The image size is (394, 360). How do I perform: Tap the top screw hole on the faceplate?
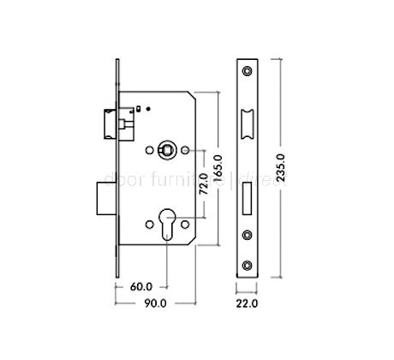coord(248,69)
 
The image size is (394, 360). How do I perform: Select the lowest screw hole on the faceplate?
coord(248,263)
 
